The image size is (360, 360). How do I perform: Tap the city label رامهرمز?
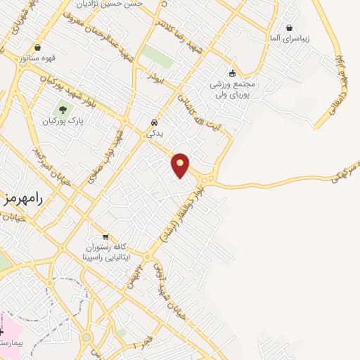coord(22,198)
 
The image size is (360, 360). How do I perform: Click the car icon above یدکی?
coord(154,122)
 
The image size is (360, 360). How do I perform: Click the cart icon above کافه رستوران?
coord(105,237)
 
